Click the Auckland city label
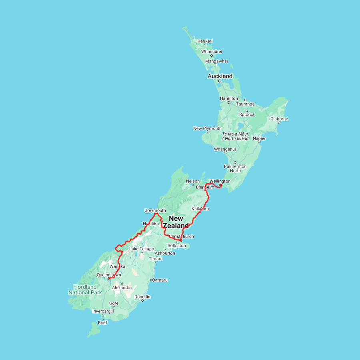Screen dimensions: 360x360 pos(220,76)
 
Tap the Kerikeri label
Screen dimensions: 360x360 pos(205,41)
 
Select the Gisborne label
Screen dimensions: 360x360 pos(279,119)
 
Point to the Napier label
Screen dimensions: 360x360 pos(259,138)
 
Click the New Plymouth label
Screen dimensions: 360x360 pos(207,128)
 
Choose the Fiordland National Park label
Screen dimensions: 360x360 pos(85,290)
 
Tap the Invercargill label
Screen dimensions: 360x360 pos(103,311)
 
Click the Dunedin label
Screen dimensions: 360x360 pos(142,297)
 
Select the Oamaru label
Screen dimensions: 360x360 pos(160,280)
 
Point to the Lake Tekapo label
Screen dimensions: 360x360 pos(141,249)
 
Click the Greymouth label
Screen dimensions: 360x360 pos(155,210)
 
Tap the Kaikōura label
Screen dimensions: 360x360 pos(200,209)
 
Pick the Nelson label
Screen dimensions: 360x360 pos(193,181)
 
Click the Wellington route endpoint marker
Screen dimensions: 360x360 pos(220,185)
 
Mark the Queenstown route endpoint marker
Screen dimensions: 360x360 pos(109,278)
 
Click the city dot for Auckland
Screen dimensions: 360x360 pos(220,81)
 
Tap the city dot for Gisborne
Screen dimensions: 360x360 pos(279,123)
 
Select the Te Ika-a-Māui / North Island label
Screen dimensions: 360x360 pos(235,136)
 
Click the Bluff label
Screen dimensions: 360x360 pos(103,323)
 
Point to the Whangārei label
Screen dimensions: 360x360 pos(212,52)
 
